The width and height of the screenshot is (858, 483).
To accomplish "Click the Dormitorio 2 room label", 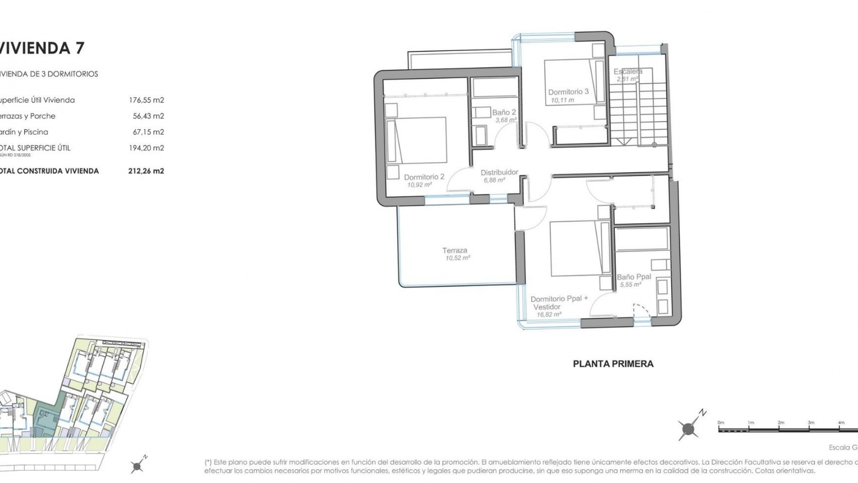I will coord(424,177).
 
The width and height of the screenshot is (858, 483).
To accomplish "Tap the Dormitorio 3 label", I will coord(568,92).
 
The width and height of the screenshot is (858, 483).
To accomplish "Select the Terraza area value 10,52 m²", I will coord(458,258).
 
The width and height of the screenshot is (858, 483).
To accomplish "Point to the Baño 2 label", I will coord(504,113).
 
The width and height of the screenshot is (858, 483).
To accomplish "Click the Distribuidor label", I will coord(499,172).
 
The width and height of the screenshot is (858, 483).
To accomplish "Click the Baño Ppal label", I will coord(634,277).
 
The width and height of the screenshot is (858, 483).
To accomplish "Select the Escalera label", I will coord(628,72).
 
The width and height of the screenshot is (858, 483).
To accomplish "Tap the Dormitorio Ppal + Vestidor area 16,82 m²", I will coord(549,315).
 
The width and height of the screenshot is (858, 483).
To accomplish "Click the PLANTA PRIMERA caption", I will coord(613,364).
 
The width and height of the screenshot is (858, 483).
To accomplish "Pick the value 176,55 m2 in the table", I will coord(146,100).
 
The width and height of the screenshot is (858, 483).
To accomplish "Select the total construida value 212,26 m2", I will coord(146,171).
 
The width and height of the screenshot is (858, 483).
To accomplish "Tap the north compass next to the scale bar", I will coord(689,429).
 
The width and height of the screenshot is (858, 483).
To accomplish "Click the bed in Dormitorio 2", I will coord(417,140).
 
